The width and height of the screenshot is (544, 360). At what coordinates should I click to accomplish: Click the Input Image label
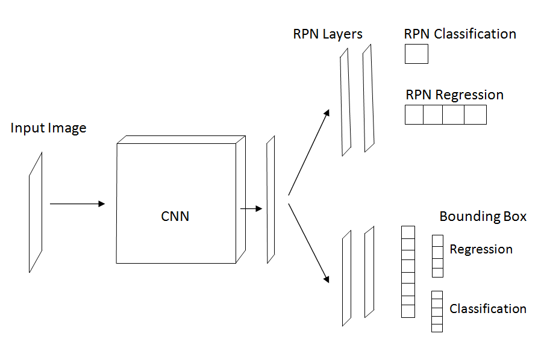[48, 128]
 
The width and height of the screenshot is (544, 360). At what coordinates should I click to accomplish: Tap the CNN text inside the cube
[175, 216]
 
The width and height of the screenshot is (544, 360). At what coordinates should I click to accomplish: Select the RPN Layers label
[328, 34]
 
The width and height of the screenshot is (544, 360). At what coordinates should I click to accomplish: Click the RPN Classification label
[460, 34]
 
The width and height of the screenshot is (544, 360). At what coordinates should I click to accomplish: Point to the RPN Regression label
[454, 95]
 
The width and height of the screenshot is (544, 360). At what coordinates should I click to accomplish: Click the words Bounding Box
[483, 216]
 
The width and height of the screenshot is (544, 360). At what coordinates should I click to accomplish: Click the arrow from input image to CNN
[77, 204]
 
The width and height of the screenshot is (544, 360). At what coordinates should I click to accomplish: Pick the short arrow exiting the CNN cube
[251, 209]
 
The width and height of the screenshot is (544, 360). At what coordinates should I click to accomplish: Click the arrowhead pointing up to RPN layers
[327, 113]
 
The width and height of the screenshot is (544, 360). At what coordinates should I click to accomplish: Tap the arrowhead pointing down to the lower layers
[326, 279]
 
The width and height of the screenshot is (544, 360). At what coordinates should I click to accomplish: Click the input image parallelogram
[36, 213]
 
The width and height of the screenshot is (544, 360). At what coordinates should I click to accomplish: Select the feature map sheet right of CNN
[270, 200]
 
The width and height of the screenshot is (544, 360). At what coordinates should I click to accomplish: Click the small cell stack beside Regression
[437, 256]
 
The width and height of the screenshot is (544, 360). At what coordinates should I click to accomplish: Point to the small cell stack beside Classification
[437, 311]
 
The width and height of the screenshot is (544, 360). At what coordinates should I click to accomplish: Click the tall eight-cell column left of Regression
[408, 272]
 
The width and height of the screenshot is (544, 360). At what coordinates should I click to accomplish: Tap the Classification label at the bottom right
[488, 309]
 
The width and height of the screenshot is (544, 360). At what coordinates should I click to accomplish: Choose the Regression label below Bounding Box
[481, 250]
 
